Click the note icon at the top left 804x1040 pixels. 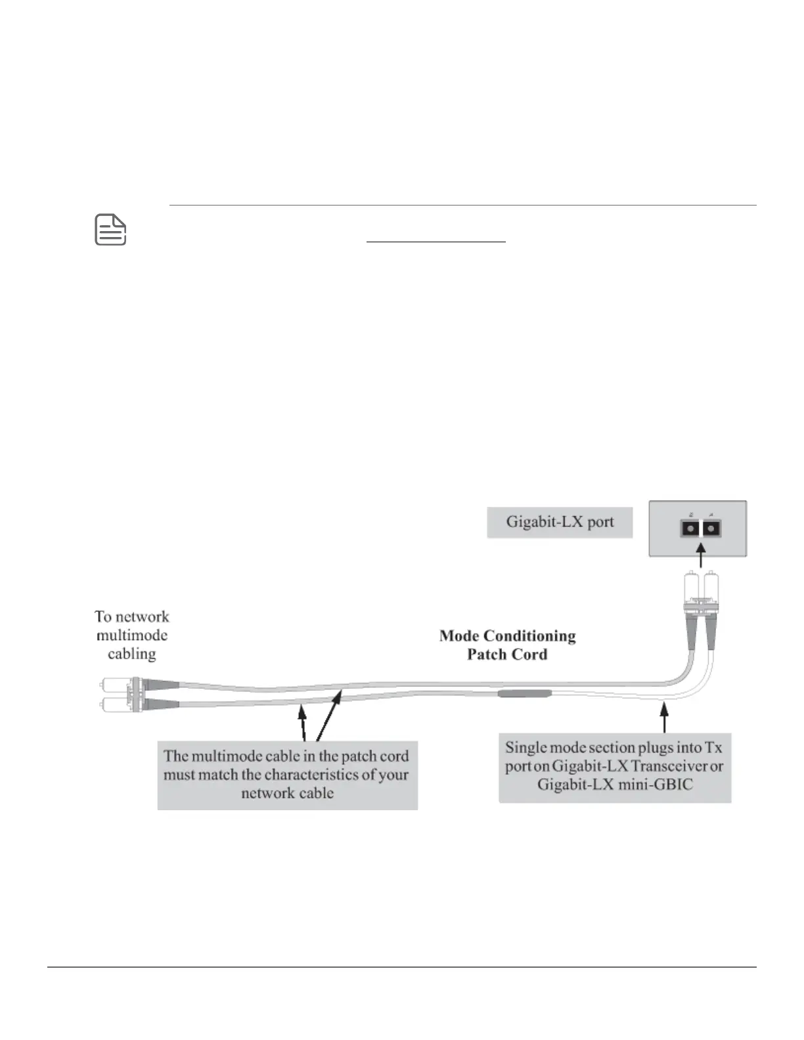[110, 230]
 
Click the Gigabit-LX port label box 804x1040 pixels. [560, 523]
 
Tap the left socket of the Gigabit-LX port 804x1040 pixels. [689, 528]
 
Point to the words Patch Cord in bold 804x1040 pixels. [507, 654]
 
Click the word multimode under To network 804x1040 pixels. [132, 635]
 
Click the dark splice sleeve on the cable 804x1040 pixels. [524, 693]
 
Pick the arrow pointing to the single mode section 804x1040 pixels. [665, 716]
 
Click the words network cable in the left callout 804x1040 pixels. [287, 792]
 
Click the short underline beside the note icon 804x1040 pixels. [435, 242]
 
